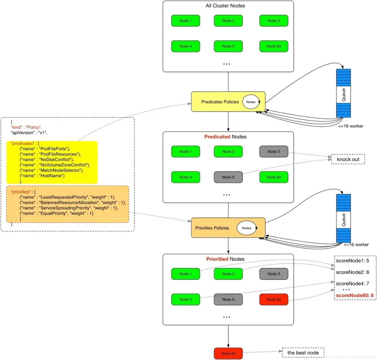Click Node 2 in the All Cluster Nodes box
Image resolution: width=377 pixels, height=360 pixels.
228,21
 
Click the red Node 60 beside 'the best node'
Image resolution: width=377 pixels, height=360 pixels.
228,353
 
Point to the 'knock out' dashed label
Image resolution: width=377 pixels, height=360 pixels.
348,159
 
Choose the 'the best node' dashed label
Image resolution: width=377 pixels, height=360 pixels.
303,353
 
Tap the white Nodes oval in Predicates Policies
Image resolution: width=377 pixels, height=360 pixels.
251,102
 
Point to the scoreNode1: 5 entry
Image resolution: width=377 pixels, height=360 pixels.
353,261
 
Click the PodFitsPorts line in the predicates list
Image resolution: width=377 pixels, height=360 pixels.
50,149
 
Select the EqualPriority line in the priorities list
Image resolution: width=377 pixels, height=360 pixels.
56,213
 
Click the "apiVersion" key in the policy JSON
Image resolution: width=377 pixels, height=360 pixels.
23,133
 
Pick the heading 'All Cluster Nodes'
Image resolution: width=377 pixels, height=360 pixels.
228,6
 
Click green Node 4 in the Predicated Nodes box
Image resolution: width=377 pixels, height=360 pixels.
185,177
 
